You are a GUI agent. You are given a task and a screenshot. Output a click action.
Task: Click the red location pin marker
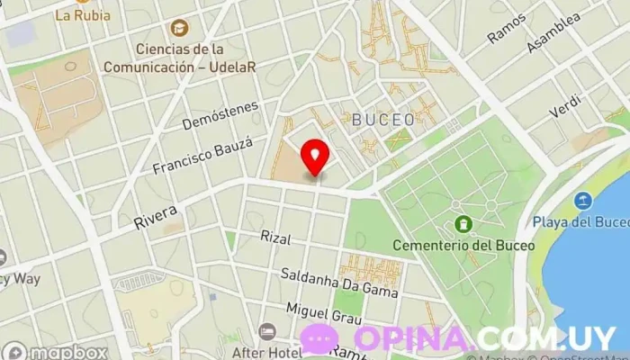coord(314,156)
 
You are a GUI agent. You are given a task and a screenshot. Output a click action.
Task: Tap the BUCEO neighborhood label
coord(383,119)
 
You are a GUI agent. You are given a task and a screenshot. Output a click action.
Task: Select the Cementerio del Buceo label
coord(463,244)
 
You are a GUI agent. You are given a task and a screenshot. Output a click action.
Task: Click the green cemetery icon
coord(463,223)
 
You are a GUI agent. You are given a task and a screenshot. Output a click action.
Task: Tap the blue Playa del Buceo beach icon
coord(584,201)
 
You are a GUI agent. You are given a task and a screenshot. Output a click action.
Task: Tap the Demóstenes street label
coord(220,115)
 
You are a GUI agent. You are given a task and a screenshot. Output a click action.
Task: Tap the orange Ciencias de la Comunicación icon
coord(179,28)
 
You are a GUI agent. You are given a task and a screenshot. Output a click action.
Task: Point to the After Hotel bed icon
coord(266,332)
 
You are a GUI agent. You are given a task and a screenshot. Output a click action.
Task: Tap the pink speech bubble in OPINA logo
coord(319,338)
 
